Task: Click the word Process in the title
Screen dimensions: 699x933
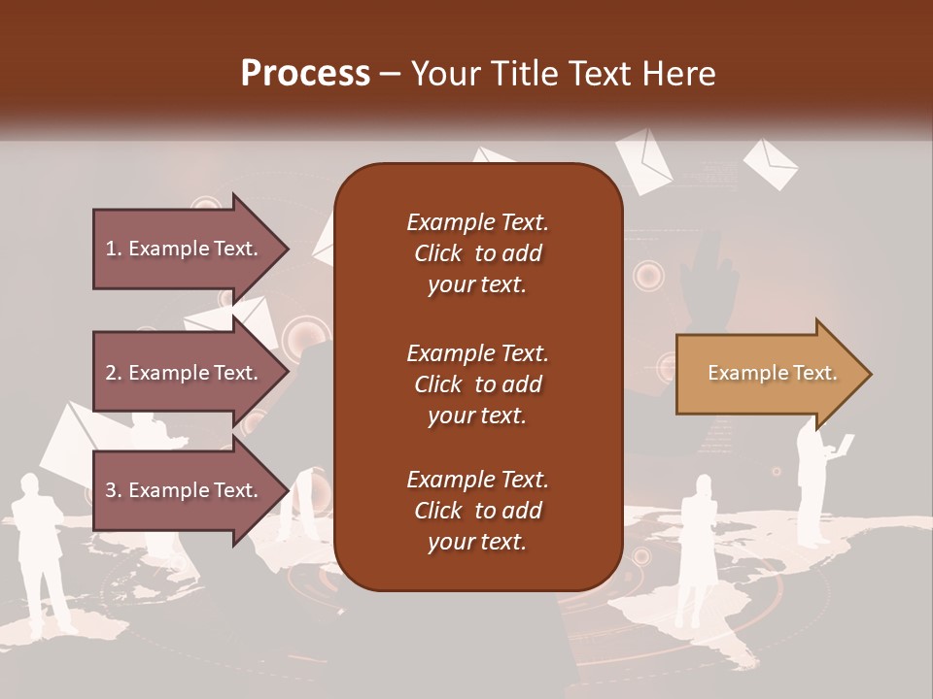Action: pyautogui.click(x=305, y=74)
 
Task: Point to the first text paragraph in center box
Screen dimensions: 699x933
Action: pyautogui.click(x=477, y=253)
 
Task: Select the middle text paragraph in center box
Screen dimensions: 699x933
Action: pyautogui.click(x=477, y=384)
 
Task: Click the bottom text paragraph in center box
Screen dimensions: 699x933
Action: pyautogui.click(x=477, y=511)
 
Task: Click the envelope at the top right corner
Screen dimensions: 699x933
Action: pyautogui.click(x=770, y=163)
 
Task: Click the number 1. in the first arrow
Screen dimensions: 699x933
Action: pyautogui.click(x=114, y=249)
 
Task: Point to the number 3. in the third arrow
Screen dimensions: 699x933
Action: pyautogui.click(x=114, y=490)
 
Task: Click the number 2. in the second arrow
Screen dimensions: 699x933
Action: pyautogui.click(x=114, y=373)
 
